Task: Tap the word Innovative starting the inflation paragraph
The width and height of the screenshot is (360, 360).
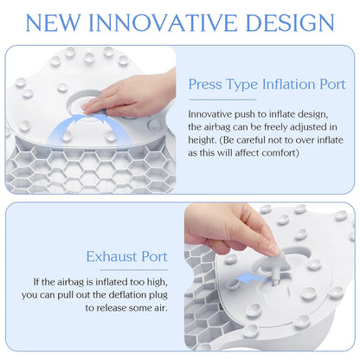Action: click(x=214, y=113)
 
